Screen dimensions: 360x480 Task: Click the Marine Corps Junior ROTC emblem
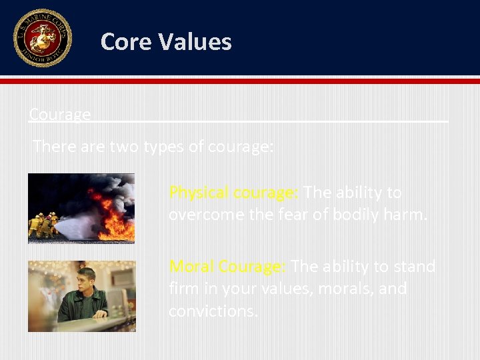pos(42,38)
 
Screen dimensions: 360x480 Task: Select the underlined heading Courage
pos(60,115)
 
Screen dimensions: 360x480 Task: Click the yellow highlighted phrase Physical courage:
pos(233,193)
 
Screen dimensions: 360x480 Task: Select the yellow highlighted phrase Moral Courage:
pos(227,267)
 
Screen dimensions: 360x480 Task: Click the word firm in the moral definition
pos(183,289)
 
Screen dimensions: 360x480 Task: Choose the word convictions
pos(213,311)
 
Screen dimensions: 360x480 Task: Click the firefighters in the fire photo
pos(43,225)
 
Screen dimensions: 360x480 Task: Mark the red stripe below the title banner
pos(240,81)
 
